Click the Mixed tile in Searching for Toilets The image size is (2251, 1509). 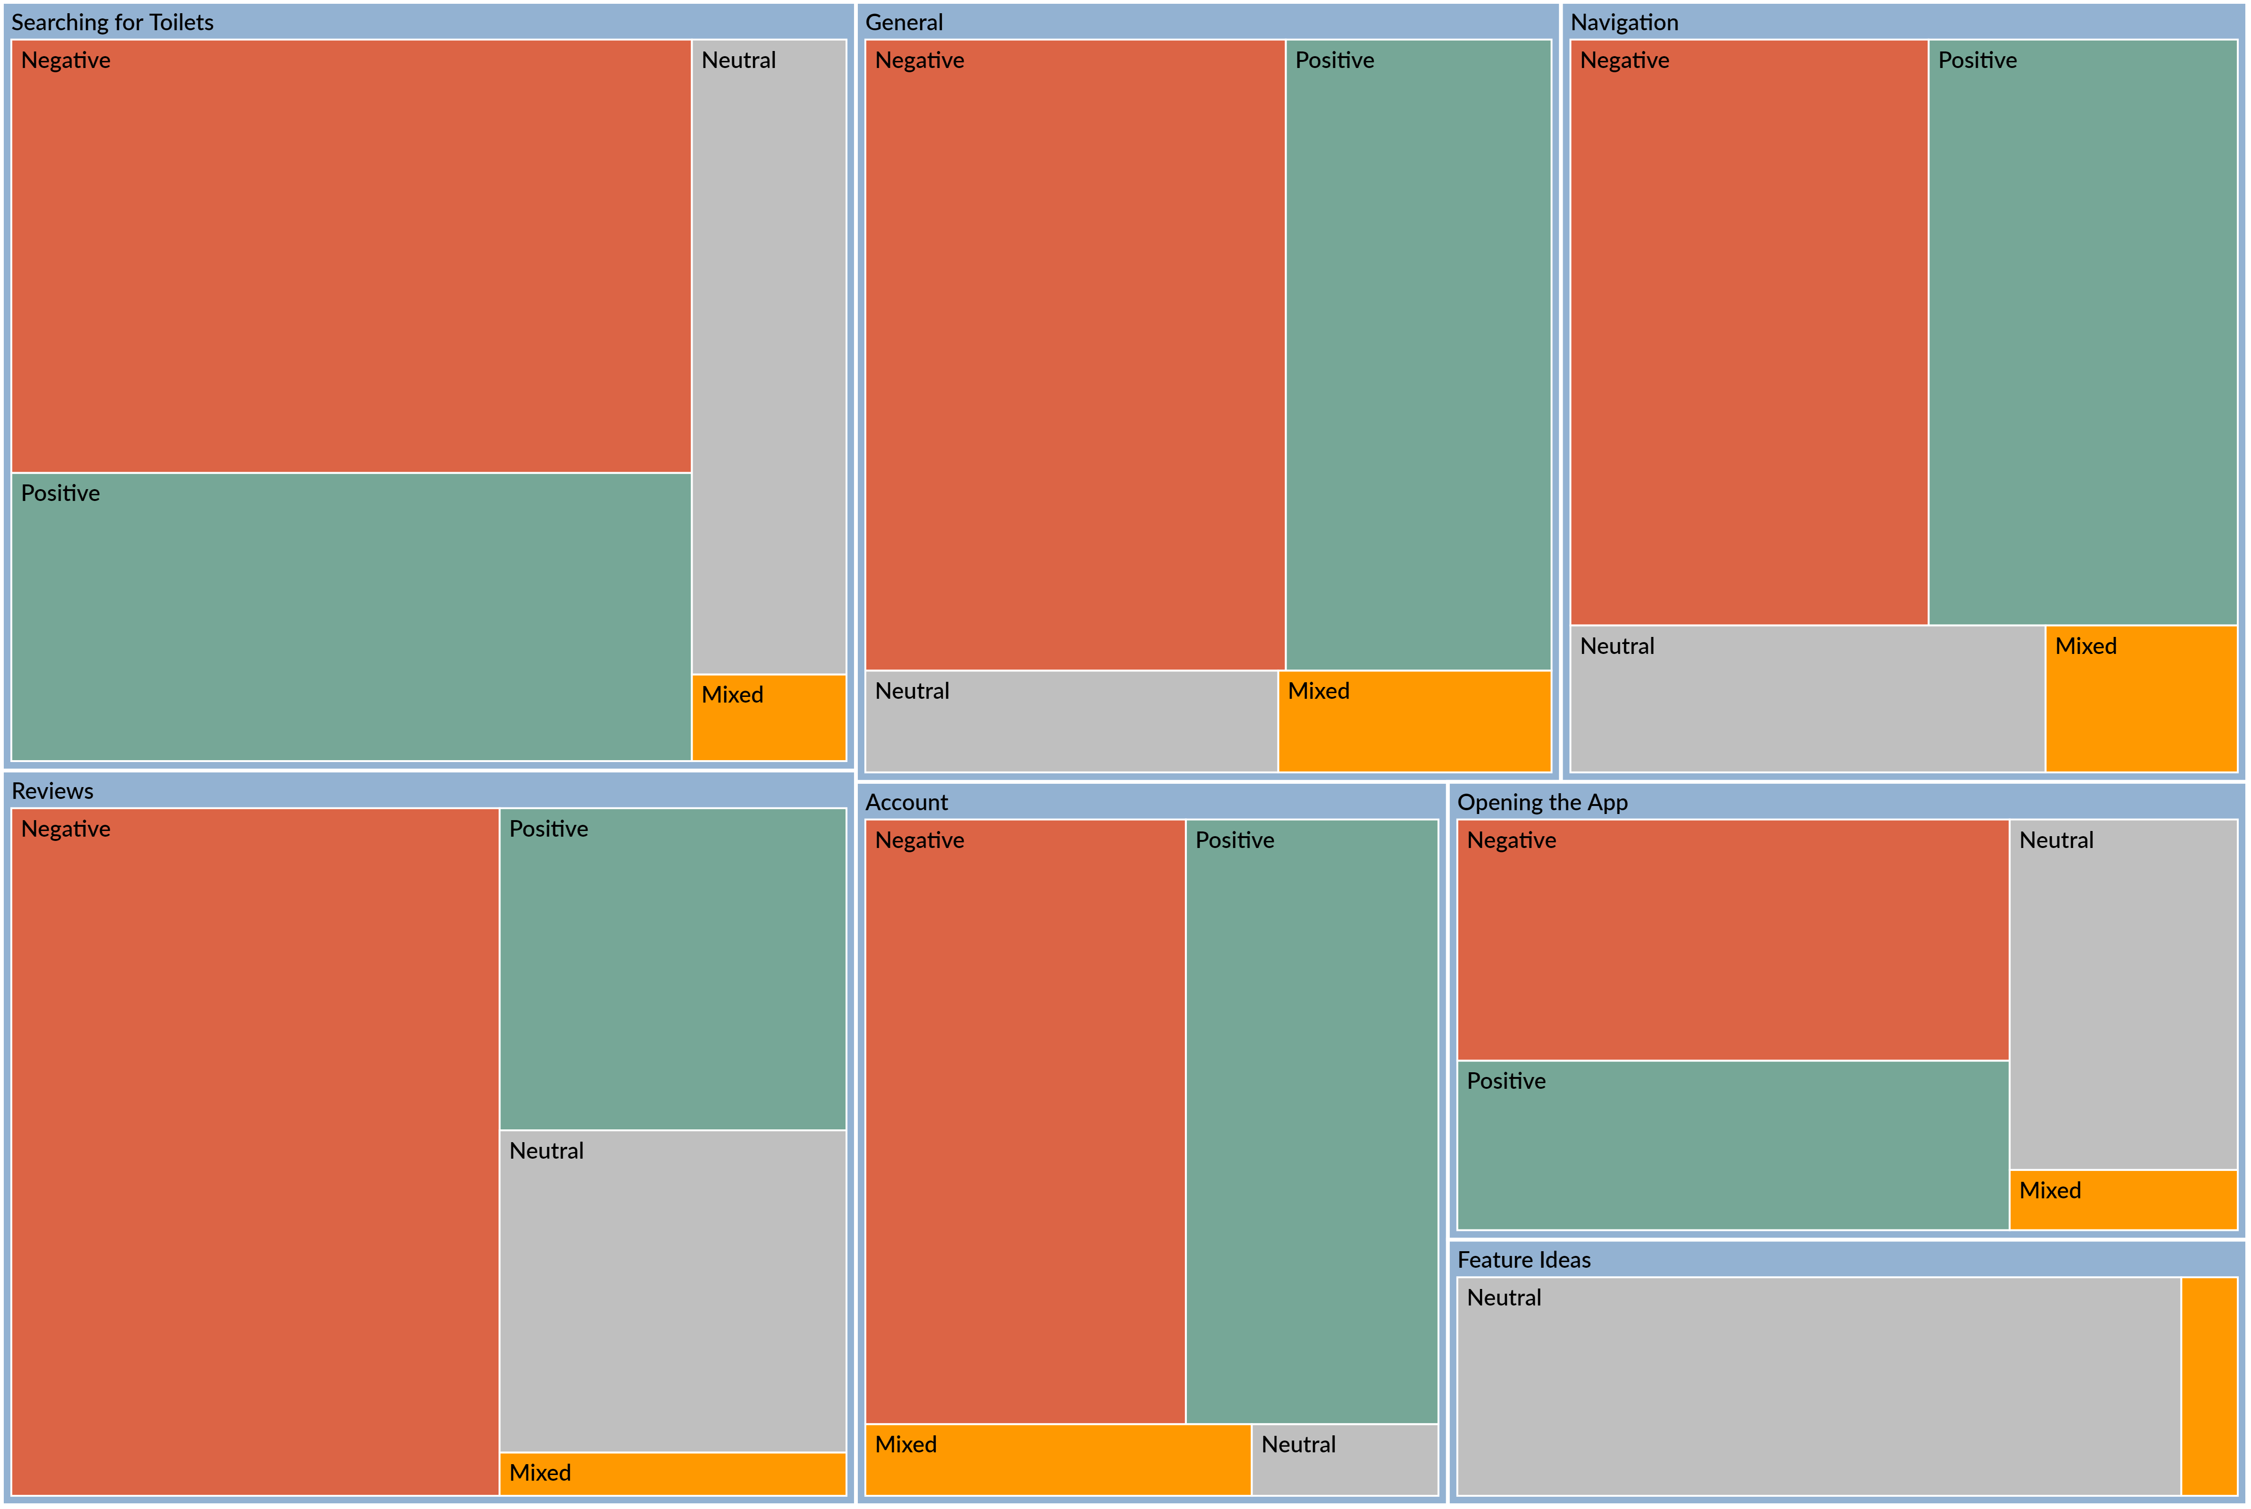(x=768, y=717)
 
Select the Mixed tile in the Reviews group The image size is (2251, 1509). (x=672, y=1474)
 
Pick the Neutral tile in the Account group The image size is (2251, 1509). (x=1345, y=1459)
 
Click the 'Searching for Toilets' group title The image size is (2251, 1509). (x=113, y=22)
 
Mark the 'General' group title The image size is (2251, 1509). (x=904, y=22)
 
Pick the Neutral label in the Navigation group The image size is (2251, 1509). (x=1617, y=646)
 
